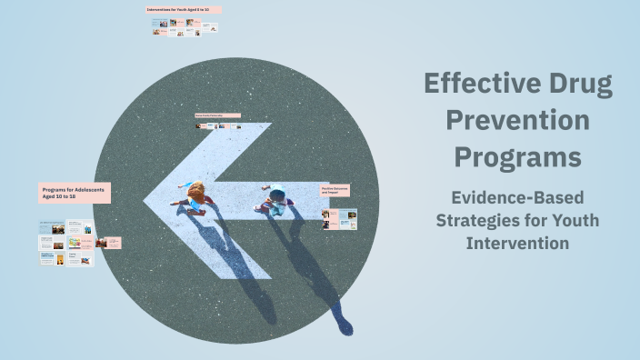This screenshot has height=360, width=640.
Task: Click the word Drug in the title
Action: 578,85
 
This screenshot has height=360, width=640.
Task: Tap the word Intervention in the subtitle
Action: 517,243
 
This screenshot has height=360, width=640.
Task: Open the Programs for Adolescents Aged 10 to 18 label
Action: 75,193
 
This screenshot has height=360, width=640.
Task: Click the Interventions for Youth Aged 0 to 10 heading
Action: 185,10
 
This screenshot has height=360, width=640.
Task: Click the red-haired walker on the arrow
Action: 194,196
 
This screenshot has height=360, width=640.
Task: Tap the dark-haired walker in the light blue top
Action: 275,198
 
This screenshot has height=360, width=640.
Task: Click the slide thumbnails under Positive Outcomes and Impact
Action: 340,219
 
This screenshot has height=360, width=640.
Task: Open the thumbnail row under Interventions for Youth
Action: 185,29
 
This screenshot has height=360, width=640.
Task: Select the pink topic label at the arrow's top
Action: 218,115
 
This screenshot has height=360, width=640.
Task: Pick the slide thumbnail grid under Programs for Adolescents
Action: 66,243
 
